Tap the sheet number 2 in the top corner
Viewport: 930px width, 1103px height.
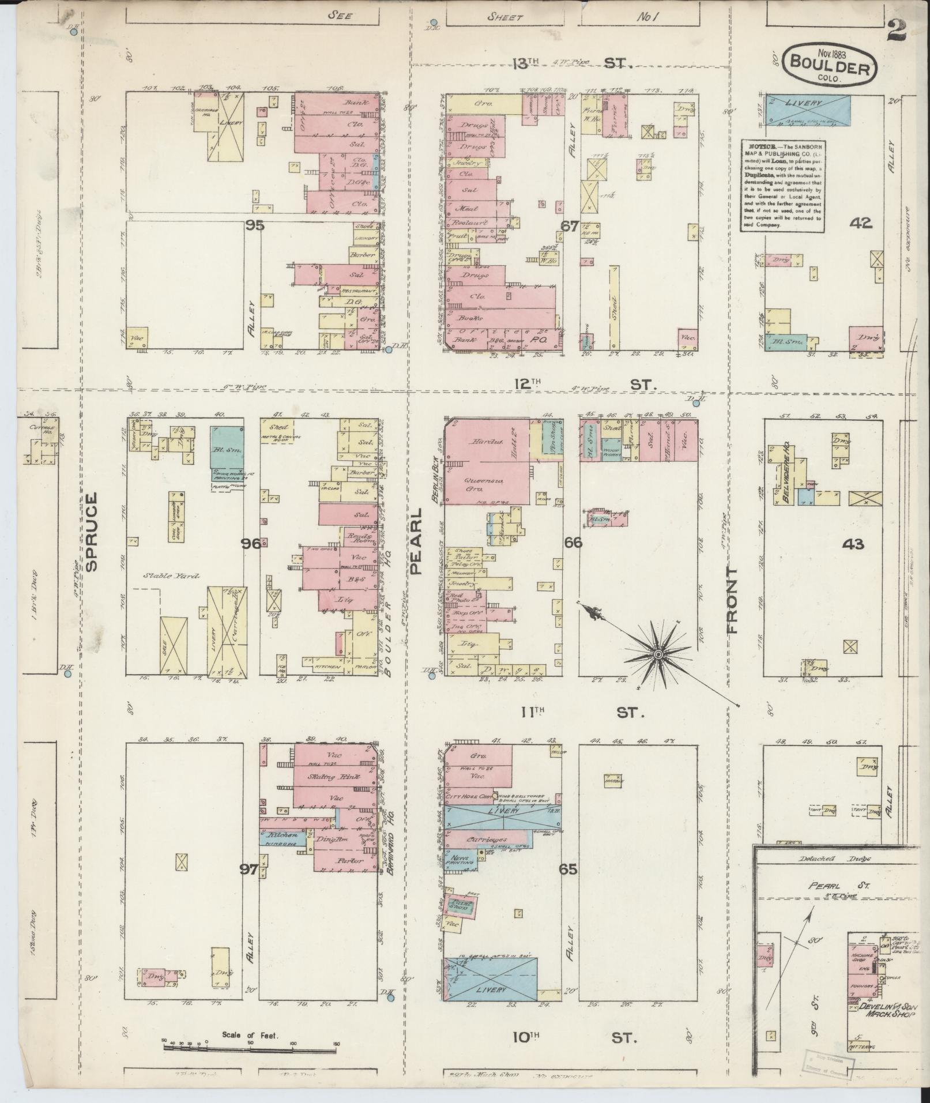898,29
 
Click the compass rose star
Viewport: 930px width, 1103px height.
658,655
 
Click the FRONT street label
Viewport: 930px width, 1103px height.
733,600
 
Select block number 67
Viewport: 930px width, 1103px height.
570,227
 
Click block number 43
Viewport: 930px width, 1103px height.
853,543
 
